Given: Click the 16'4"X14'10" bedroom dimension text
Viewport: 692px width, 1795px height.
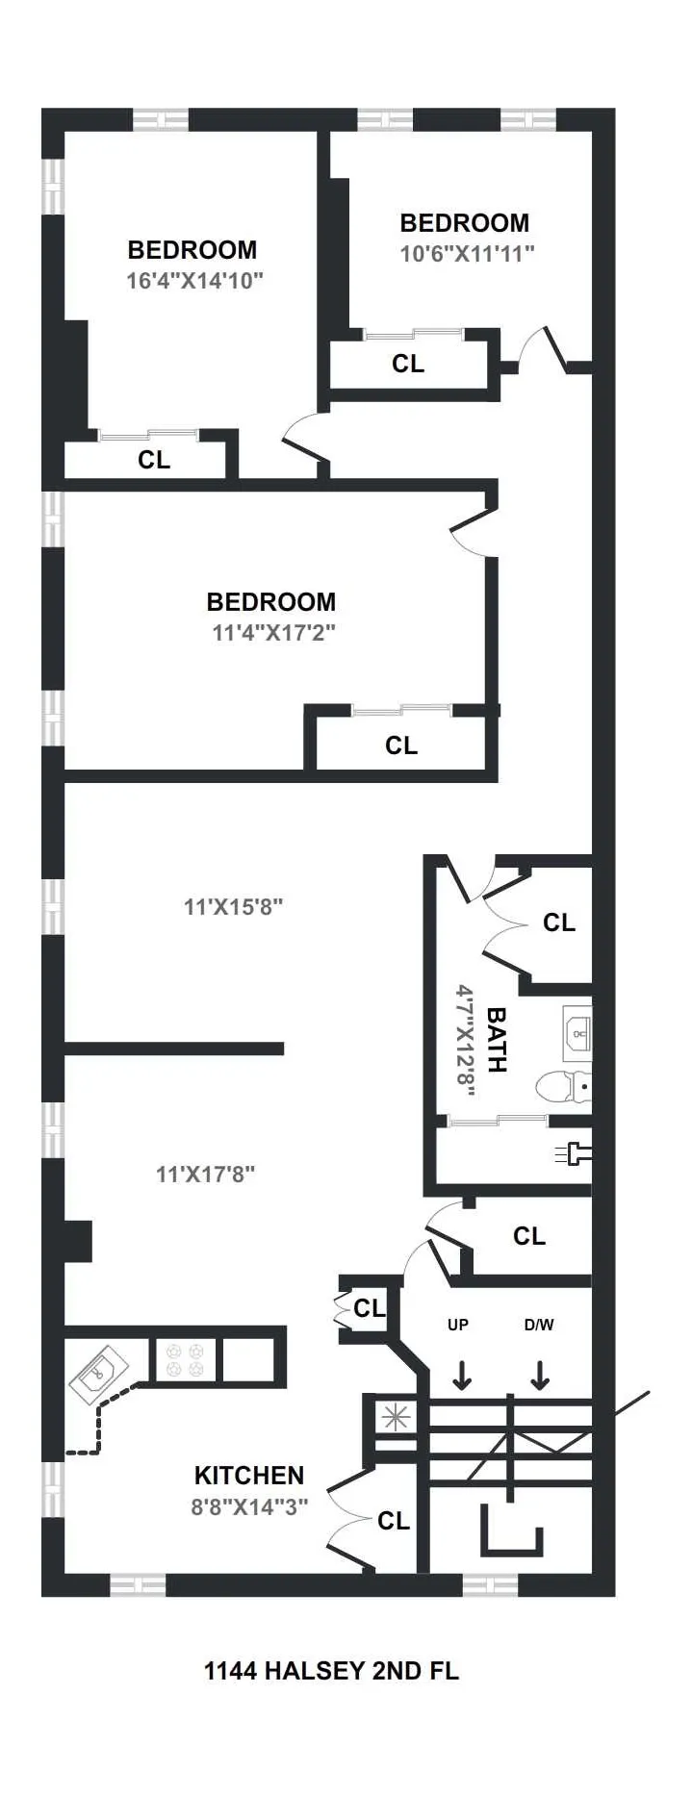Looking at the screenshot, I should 194,281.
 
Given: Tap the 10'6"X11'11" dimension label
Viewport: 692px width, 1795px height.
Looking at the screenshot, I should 467,254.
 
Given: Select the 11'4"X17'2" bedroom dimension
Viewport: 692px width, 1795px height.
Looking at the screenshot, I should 273,633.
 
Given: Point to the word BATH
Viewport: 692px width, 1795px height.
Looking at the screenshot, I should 497,1039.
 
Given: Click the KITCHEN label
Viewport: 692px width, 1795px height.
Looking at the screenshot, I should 249,1475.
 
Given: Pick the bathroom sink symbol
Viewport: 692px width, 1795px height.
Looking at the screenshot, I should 577,1029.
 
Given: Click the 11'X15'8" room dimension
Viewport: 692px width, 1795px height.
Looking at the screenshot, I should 233,906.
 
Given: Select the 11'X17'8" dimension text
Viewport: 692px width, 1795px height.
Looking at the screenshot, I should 205,1174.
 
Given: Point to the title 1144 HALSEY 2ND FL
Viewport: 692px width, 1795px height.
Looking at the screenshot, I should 331,1671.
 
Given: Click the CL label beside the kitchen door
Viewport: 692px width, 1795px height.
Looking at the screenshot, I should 394,1521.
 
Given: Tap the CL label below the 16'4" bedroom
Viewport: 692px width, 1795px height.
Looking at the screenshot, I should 154,460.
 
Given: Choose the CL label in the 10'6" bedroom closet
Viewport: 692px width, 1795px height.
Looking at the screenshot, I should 408,364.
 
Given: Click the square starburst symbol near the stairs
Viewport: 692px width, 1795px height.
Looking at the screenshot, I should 393,1416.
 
